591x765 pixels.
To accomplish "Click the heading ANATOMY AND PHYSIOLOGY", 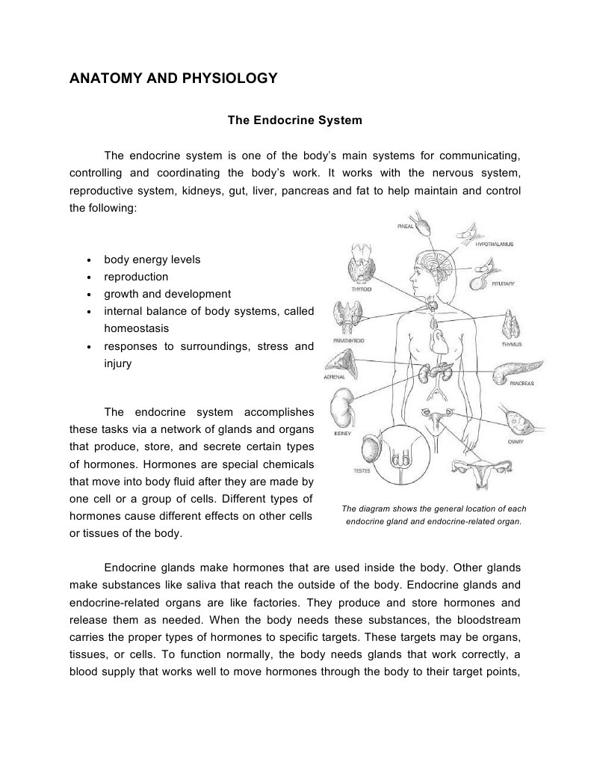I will (173, 78).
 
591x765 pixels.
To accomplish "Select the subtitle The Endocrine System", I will (294, 120).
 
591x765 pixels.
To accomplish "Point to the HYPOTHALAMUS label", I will (494, 244).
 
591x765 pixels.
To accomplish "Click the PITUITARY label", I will (502, 283).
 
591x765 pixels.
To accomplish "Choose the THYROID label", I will (362, 289).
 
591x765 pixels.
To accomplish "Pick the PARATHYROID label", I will (348, 340).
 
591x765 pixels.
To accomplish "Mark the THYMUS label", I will (511, 344).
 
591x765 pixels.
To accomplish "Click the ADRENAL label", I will (334, 378).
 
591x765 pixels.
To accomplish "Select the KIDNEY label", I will (342, 433).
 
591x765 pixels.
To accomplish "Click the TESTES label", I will (362, 471).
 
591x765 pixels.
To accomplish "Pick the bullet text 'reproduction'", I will (136, 277).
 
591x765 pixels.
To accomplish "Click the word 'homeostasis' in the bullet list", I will (136, 328).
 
